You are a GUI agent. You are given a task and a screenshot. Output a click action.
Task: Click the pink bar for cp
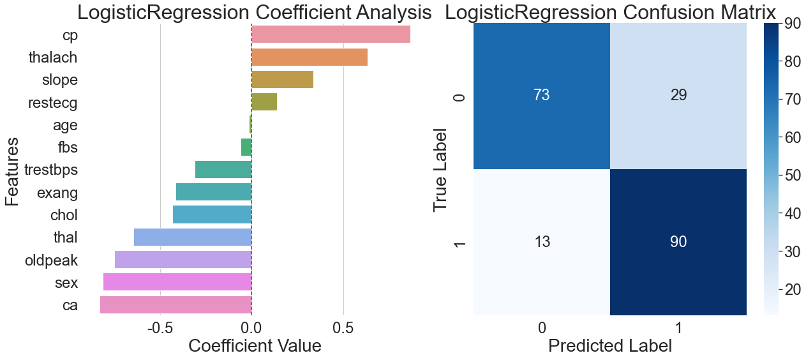point(331,34)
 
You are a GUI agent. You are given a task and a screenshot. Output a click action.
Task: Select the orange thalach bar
point(310,57)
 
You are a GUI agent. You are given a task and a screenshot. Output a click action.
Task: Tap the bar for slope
point(282,80)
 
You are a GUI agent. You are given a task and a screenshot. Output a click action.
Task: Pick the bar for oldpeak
point(183,260)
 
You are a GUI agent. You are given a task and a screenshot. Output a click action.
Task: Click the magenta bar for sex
point(177,282)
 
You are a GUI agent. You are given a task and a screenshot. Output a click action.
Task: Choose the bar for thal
point(193,237)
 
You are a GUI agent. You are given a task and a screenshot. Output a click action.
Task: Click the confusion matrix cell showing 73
point(542,96)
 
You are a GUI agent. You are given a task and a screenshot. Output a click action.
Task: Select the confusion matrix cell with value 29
point(678,96)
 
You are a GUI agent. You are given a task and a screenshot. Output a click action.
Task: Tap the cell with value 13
point(542,243)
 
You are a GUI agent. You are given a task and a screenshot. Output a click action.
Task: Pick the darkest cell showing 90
point(678,243)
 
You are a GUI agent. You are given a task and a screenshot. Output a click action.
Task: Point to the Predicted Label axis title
point(610,346)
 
